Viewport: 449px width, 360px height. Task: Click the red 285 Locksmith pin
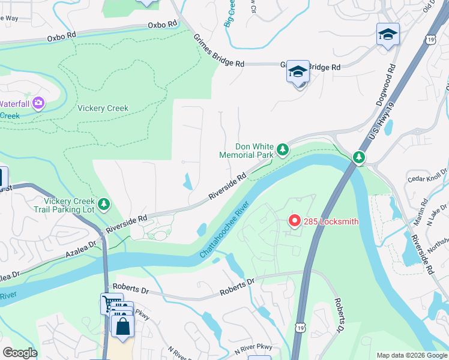[294, 221]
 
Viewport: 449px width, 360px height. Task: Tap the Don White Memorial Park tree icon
[282, 149]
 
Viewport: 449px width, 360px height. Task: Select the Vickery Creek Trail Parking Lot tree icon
[104, 205]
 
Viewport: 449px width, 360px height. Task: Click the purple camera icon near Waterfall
[39, 103]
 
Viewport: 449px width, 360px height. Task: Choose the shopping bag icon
[123, 327]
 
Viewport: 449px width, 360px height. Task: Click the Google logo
[20, 353]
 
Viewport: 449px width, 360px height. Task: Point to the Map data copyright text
[411, 355]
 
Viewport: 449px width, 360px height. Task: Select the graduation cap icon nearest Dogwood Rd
[388, 34]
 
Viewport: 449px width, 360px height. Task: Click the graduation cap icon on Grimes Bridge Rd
[297, 72]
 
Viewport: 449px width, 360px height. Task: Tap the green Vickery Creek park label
[103, 109]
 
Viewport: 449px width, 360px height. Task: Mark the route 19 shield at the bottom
[300, 328]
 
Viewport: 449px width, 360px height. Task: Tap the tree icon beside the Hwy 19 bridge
[358, 157]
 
